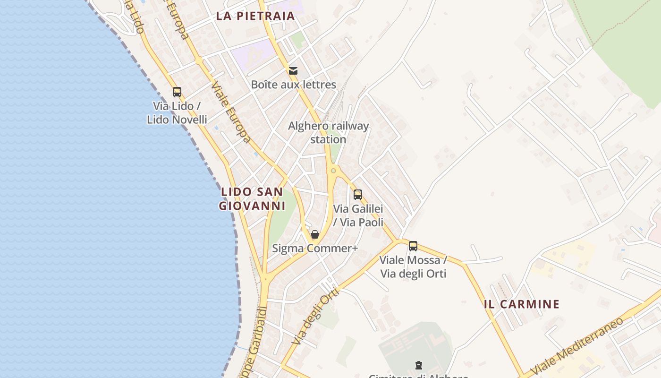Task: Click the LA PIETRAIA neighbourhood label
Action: (255, 16)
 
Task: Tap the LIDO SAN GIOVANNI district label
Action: (252, 199)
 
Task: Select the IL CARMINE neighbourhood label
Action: (522, 304)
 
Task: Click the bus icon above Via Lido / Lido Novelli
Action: (177, 92)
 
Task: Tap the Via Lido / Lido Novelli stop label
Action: (177, 113)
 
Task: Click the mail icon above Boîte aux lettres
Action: (293, 71)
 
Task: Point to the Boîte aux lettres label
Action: (293, 85)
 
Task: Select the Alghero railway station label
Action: (328, 133)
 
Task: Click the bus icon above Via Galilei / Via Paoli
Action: (358, 194)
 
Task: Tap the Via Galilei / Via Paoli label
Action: (358, 215)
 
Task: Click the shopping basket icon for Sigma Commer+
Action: (315, 234)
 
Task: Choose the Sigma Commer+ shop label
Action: (315, 248)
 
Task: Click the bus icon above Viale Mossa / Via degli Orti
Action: (413, 246)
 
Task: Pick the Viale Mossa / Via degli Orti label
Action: (413, 267)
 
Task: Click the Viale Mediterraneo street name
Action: (577, 346)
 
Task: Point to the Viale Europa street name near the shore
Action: (231, 112)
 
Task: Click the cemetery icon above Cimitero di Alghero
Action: (418, 365)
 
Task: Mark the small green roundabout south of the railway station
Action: (333, 171)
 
